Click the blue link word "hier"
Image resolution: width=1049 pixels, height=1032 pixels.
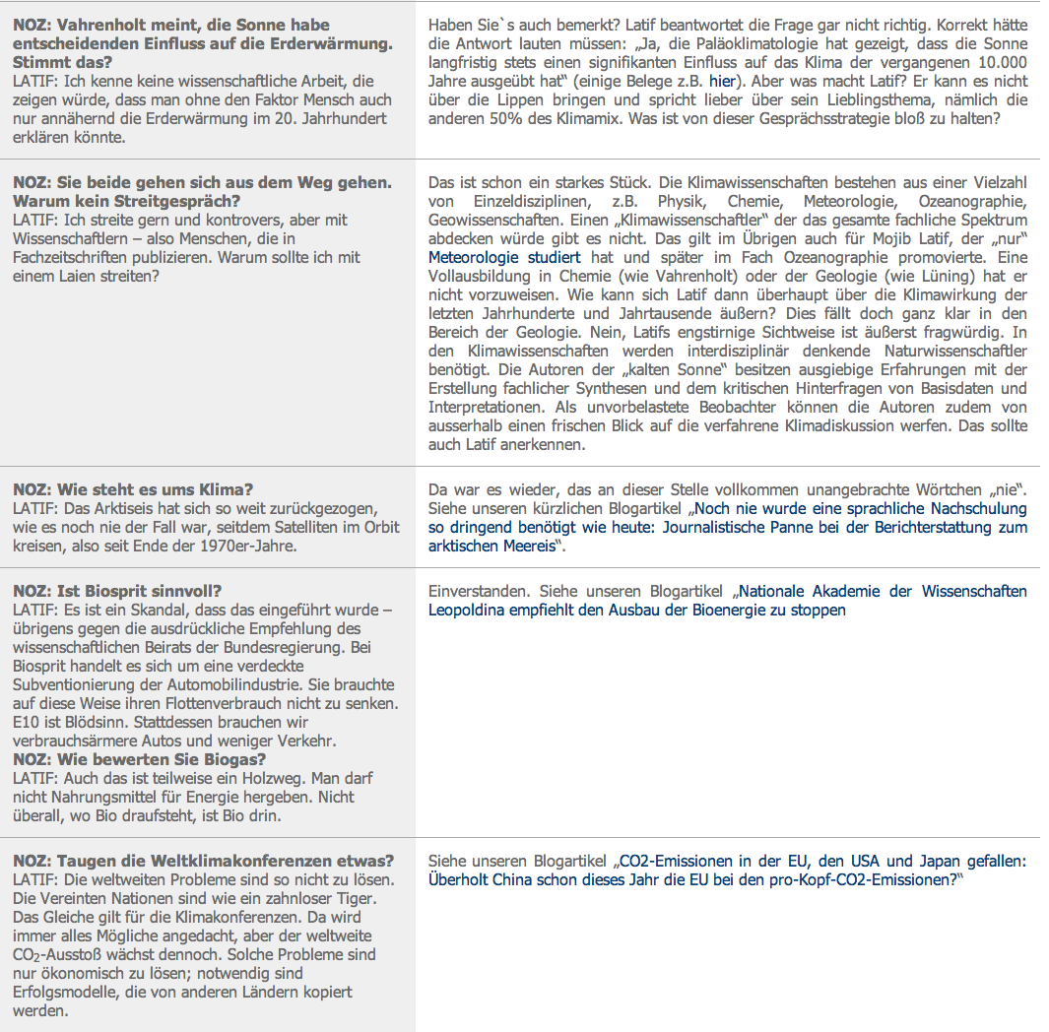722,81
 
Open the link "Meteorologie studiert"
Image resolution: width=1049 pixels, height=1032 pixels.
504,257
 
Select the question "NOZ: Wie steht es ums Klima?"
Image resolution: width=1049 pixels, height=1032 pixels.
133,489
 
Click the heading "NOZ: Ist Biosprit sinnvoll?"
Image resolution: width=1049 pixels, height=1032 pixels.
117,591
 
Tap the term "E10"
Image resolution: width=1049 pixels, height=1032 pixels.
27,722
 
